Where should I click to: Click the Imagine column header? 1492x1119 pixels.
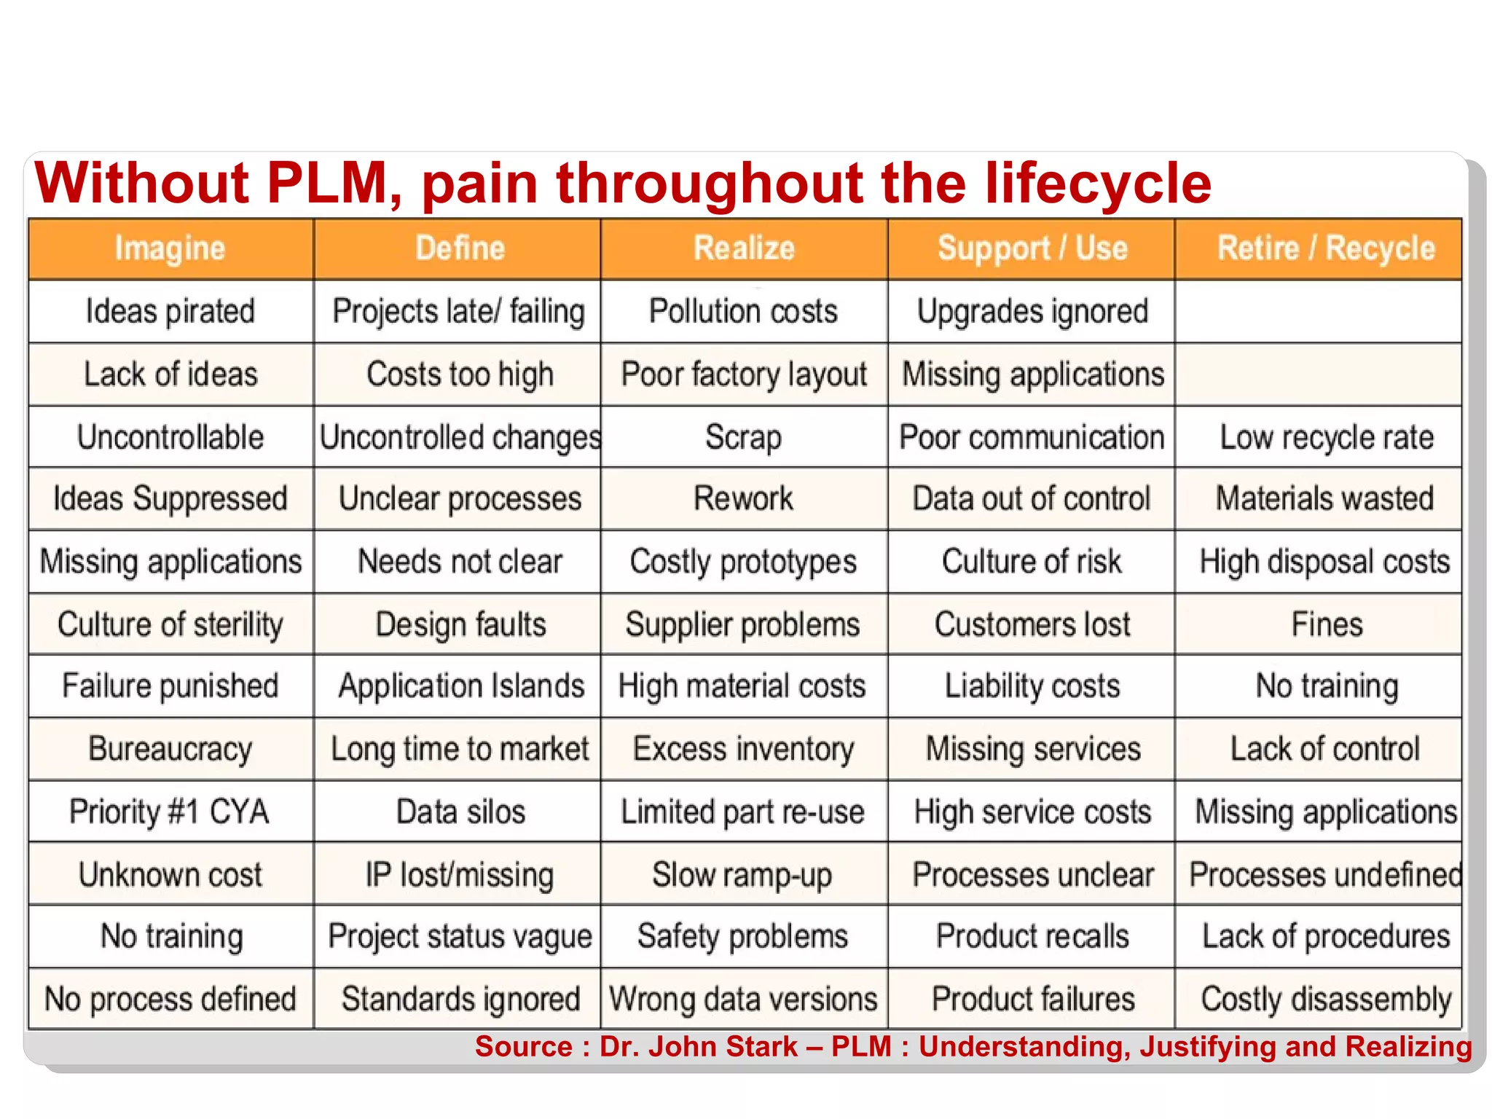[x=170, y=249]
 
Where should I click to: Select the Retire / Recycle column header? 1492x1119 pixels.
[x=1326, y=249]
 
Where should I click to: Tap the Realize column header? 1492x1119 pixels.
[x=744, y=249]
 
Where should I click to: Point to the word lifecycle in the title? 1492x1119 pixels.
[x=1098, y=183]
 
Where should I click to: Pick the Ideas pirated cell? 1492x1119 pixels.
[x=170, y=312]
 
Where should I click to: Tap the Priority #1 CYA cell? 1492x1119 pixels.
[x=170, y=812]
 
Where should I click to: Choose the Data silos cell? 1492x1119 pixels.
[x=460, y=812]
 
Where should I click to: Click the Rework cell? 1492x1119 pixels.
[x=744, y=499]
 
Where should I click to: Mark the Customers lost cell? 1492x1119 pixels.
[x=1032, y=624]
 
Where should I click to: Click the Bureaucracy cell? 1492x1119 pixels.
[x=170, y=749]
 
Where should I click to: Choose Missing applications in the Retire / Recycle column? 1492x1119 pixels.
[x=1326, y=812]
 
